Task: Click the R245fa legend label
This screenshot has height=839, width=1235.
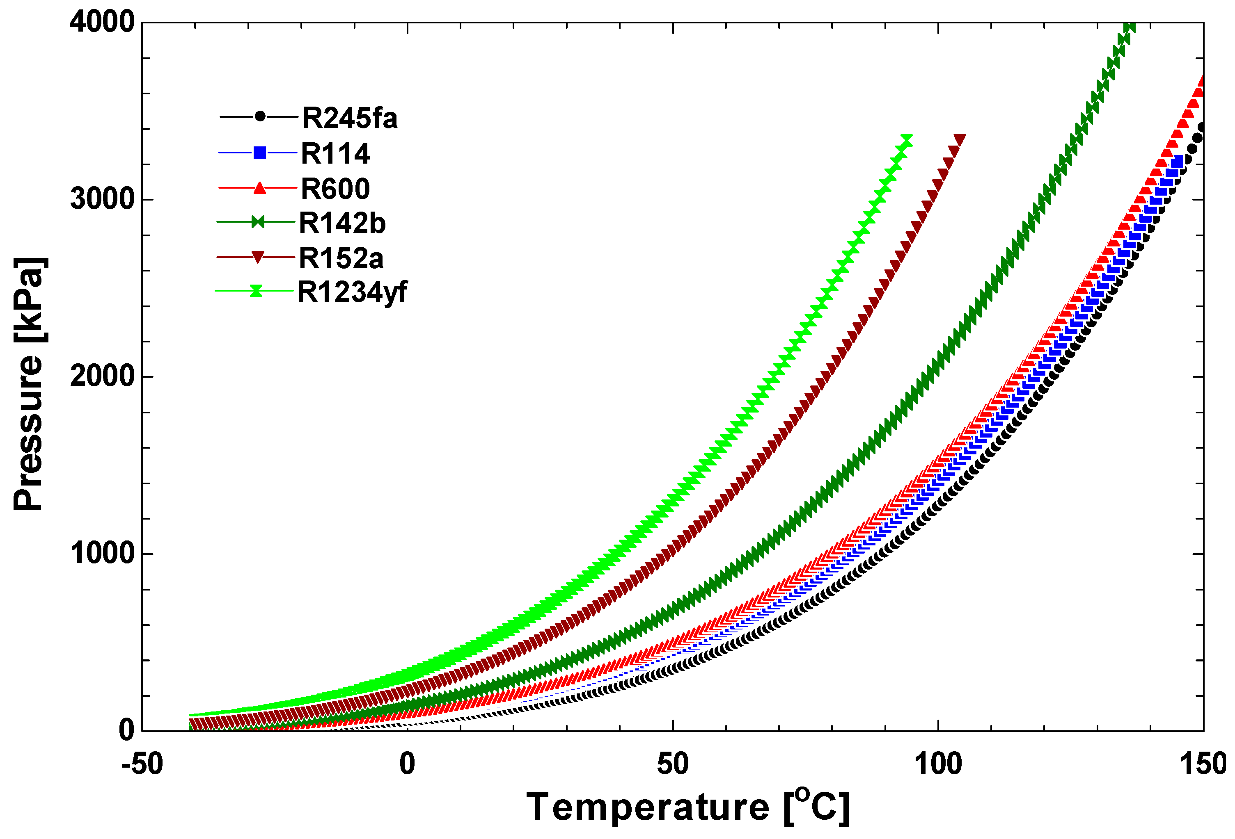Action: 349,118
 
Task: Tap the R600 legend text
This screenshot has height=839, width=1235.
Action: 335,189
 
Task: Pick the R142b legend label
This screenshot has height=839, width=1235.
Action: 342,223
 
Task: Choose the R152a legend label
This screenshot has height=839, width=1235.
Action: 341,259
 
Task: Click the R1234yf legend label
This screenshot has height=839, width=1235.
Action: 351,292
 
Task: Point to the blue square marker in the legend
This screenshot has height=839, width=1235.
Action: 259,153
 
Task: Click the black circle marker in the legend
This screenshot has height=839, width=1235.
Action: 260,116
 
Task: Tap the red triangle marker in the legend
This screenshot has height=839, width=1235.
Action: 259,188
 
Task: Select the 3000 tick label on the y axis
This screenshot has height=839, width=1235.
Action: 102,199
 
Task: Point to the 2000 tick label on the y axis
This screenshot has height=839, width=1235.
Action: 102,376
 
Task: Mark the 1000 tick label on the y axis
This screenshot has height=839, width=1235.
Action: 102,553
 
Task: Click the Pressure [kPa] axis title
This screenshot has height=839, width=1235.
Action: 29,383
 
